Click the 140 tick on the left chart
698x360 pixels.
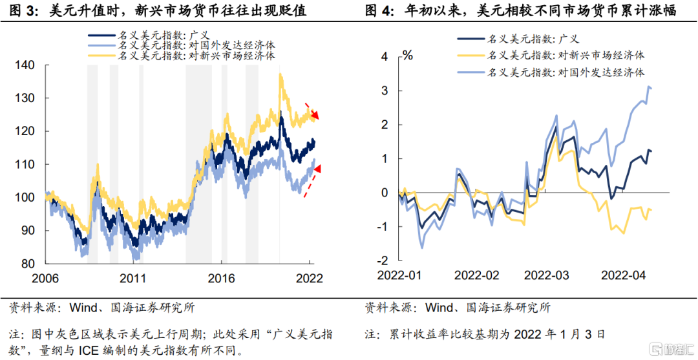pyautogui.click(x=23, y=65)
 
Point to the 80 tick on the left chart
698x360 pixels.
pyautogui.click(x=26, y=264)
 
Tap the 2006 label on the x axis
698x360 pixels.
pyautogui.click(x=45, y=279)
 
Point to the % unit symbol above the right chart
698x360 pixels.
pyautogui.click(x=408, y=55)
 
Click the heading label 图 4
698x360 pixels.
pyautogui.click(x=379, y=11)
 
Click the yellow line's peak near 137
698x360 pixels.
pyautogui.click(x=280, y=75)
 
